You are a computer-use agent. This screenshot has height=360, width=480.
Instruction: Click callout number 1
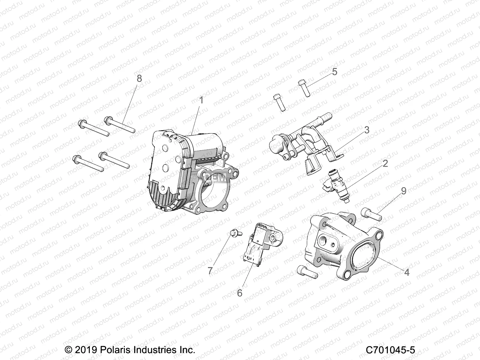(201, 100)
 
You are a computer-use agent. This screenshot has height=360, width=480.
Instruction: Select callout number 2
(385, 163)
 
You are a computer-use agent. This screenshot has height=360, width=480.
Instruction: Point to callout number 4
(406, 272)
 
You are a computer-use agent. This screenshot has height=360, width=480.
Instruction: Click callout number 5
(334, 72)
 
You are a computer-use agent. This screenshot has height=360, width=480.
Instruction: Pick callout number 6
(239, 293)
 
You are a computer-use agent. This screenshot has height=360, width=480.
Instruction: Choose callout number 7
(210, 271)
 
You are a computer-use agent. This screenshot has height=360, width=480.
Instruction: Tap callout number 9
(404, 191)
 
